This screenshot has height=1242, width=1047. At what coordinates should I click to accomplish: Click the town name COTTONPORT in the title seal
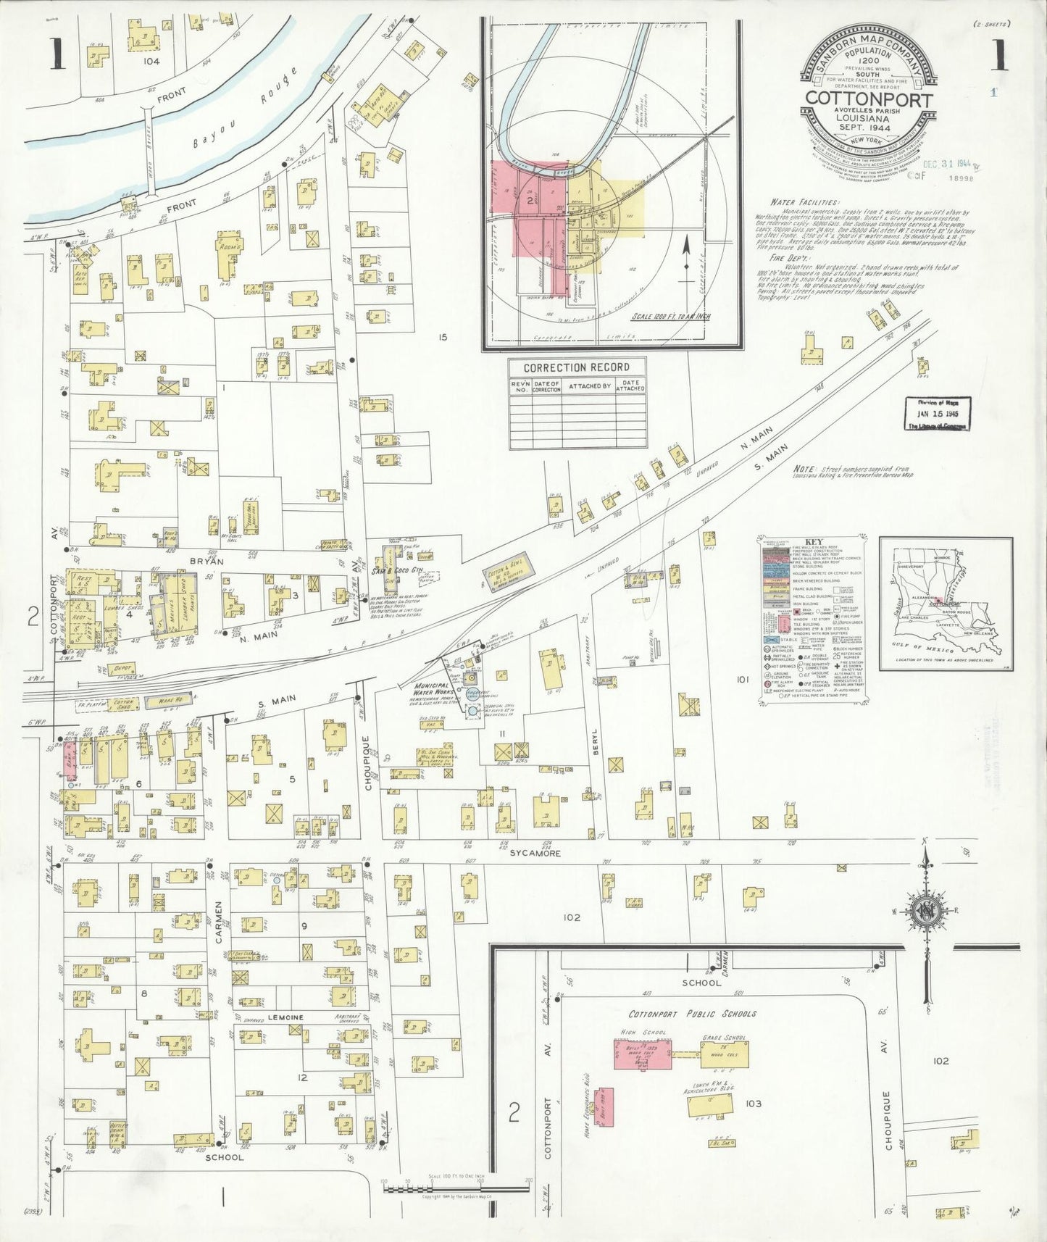867,99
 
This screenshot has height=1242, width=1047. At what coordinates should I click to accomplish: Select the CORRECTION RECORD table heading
577,367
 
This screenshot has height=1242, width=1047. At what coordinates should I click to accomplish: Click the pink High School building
642,1054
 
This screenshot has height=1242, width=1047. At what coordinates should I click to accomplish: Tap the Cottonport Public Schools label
692,1014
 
